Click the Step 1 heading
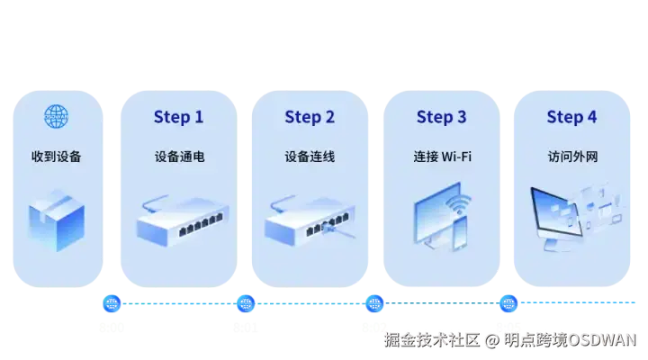(x=178, y=117)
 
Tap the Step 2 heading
(x=310, y=117)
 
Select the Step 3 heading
(x=441, y=117)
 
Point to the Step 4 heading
(x=571, y=117)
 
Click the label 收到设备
(x=56, y=157)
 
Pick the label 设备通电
(x=179, y=157)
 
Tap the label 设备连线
(x=310, y=157)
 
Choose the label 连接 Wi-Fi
(x=442, y=157)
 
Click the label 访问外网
(x=572, y=157)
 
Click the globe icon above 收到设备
(x=57, y=116)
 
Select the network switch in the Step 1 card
(x=178, y=220)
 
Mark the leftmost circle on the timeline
(x=112, y=303)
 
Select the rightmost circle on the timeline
(x=507, y=303)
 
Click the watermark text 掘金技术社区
(x=430, y=340)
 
